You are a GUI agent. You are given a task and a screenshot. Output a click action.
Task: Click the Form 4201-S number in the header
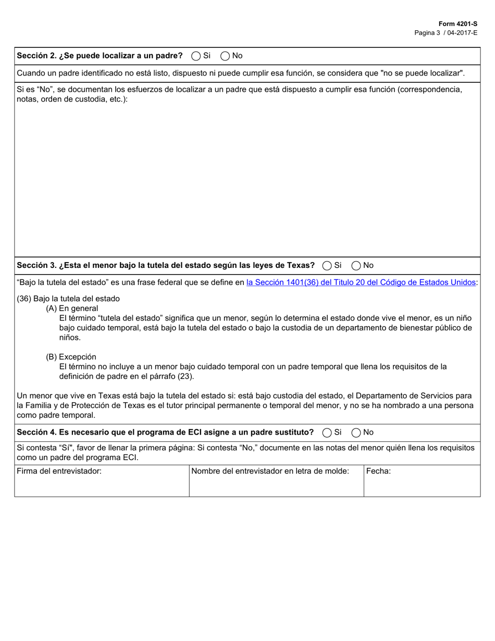(457, 24)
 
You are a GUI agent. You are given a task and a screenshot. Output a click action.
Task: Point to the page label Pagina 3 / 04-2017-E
(445, 32)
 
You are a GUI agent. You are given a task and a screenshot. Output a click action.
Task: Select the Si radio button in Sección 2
(196, 56)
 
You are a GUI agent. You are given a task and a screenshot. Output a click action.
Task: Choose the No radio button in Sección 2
(225, 56)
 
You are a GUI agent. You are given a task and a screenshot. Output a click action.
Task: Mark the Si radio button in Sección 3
(327, 265)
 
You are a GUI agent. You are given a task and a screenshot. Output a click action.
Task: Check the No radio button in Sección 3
(356, 265)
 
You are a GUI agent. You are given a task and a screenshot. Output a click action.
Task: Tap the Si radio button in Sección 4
(327, 432)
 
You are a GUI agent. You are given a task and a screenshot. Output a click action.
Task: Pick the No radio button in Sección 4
(356, 432)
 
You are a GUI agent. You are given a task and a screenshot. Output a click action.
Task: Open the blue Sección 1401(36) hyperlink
(361, 282)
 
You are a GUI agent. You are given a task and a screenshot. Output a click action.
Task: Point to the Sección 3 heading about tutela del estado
(166, 265)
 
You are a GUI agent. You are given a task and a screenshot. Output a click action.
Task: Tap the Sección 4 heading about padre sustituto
(165, 432)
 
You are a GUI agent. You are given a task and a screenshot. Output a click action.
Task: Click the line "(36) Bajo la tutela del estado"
(68, 299)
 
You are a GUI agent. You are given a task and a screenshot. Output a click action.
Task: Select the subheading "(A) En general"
(72, 308)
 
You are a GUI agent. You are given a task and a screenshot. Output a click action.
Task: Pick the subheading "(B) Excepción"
(71, 357)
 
